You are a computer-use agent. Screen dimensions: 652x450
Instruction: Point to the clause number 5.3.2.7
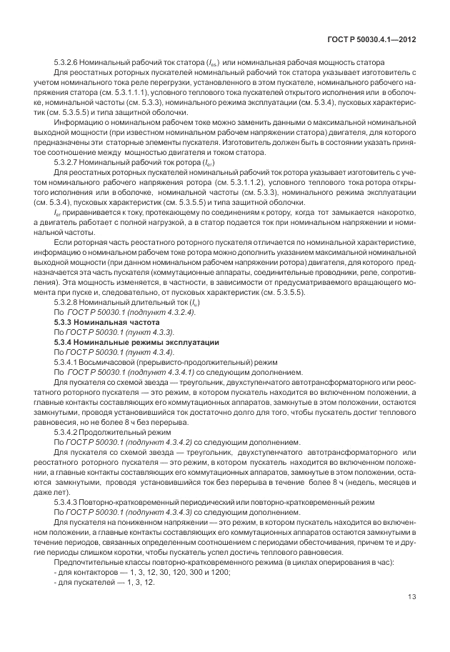pos(68,163)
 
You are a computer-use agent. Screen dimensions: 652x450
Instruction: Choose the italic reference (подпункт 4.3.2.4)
pos(164,314)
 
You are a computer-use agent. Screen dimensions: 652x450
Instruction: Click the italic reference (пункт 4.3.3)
pos(152,333)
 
